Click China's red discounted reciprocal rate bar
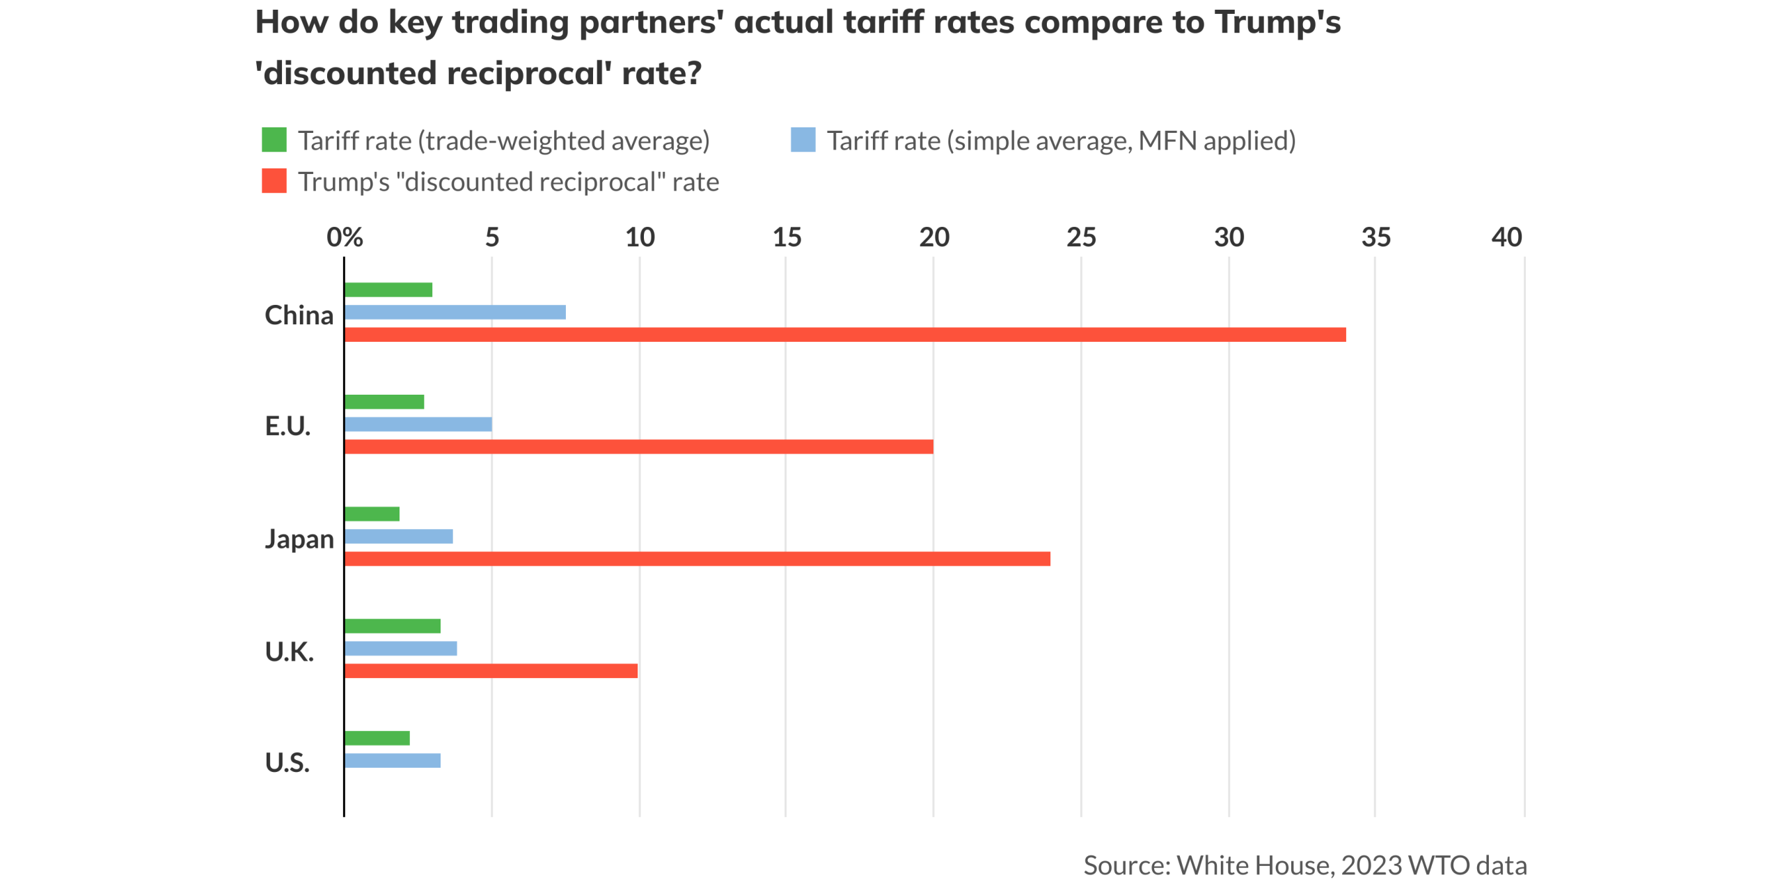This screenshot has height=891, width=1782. point(844,334)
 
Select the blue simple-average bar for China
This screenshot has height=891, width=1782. point(455,312)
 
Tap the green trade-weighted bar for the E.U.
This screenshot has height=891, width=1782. point(384,402)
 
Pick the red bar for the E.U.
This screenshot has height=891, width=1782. point(638,446)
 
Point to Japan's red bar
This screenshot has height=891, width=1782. point(697,558)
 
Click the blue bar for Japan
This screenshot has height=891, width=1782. point(398,536)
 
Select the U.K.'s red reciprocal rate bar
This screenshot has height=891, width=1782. point(491,670)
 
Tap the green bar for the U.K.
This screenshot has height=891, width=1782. point(393,626)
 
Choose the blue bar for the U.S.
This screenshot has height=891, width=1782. point(393,760)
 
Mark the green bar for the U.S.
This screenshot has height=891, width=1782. point(377,738)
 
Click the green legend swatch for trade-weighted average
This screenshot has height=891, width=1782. point(274,140)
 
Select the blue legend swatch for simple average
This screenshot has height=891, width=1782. point(803,140)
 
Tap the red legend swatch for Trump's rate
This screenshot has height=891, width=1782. point(274,181)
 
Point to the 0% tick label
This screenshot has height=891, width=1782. point(345,237)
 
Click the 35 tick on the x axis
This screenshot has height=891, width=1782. point(1375,237)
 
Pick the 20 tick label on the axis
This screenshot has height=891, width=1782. point(933,237)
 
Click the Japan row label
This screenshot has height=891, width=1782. point(299,539)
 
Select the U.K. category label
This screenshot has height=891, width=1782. point(290,652)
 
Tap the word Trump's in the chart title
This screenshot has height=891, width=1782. point(1277,22)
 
